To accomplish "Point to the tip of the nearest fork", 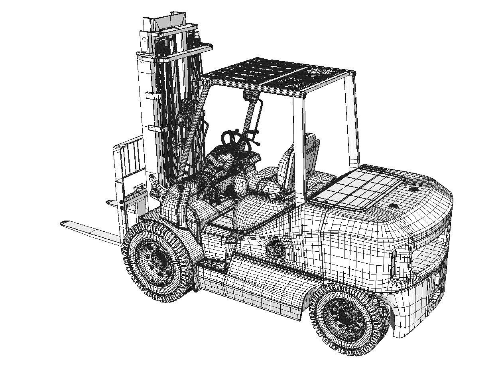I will pos(64,223).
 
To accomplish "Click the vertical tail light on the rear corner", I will pos(394,261).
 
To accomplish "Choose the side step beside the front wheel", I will pos(211,263).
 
